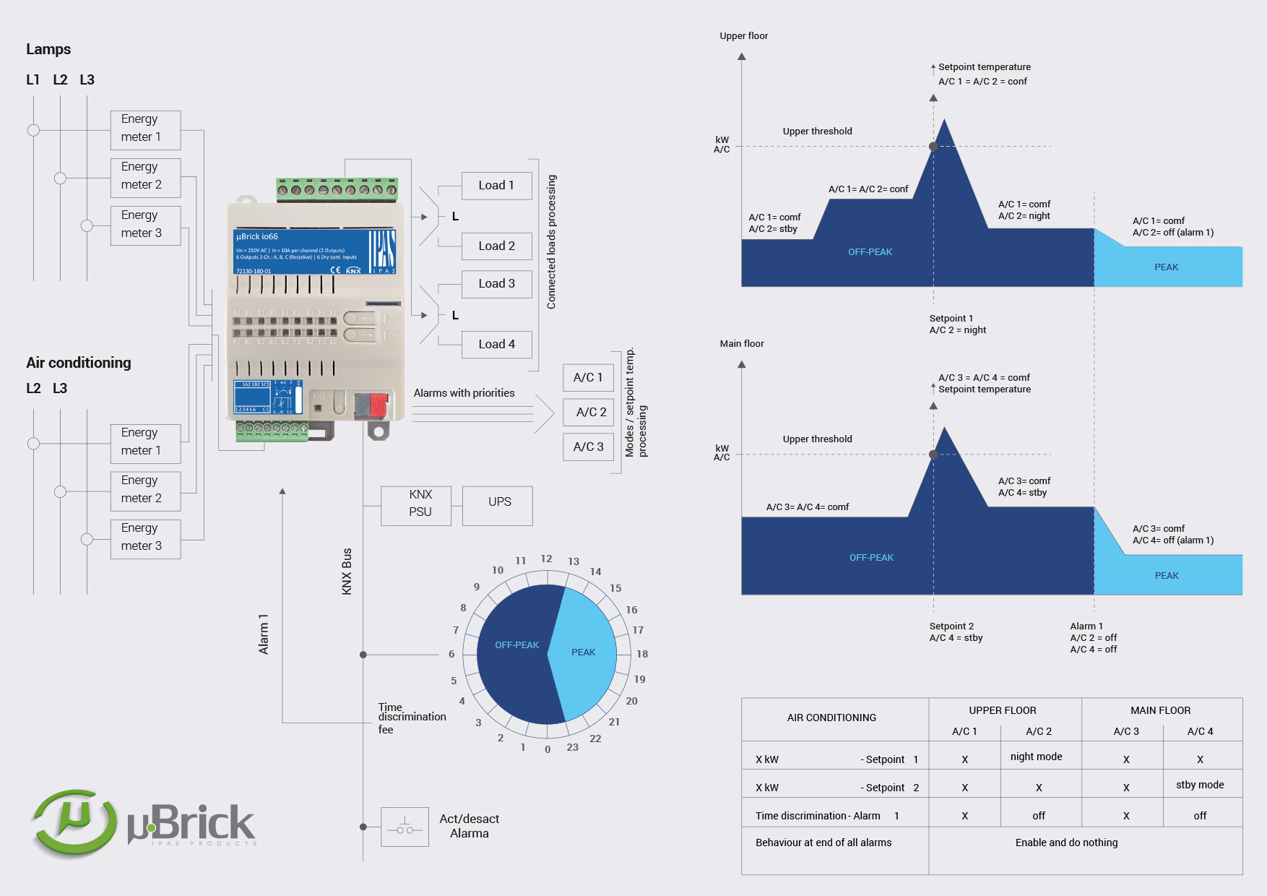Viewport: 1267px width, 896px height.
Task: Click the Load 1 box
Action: click(x=496, y=186)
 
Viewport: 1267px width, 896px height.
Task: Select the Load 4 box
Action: click(x=496, y=345)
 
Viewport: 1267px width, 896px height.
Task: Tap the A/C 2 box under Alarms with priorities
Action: click(x=589, y=413)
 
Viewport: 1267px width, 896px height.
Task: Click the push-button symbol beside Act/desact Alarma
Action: click(x=405, y=827)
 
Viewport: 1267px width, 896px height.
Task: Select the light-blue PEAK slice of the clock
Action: click(x=584, y=652)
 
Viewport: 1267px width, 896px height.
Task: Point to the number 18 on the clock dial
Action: click(x=642, y=654)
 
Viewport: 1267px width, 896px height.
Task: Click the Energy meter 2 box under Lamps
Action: click(x=145, y=177)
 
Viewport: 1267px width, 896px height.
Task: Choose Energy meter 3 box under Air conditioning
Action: click(x=145, y=538)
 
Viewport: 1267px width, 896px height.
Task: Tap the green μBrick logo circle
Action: click(x=74, y=823)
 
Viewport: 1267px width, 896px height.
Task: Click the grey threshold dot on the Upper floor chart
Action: click(x=933, y=147)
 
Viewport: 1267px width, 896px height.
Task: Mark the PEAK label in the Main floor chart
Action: click(x=1167, y=576)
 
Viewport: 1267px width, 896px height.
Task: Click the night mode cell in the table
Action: click(x=1036, y=757)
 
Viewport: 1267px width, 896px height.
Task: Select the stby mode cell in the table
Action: click(x=1199, y=785)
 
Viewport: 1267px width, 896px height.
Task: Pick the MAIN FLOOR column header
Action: click(x=1160, y=711)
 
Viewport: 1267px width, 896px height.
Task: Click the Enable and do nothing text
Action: click(x=1066, y=843)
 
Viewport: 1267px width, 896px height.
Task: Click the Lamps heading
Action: click(x=48, y=49)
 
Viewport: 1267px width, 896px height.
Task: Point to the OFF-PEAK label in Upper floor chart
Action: click(x=870, y=252)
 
